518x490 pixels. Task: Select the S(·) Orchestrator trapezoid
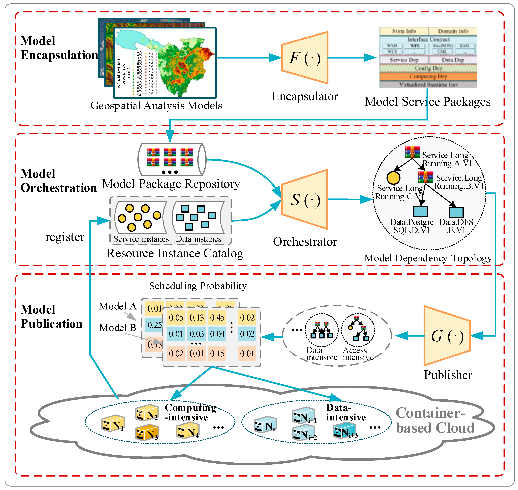tap(305, 200)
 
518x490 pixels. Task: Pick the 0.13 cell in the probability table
tap(197, 318)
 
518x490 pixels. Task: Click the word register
tap(65, 237)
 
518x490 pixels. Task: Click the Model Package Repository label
tap(171, 184)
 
